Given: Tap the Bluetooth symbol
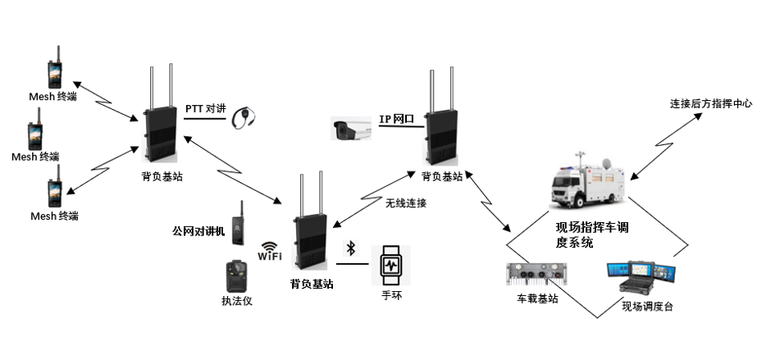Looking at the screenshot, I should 350,248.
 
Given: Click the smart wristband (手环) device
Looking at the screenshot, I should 390,264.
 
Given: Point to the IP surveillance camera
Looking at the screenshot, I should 353,129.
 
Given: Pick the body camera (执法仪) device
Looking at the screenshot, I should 236,276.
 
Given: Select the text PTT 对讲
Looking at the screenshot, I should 205,108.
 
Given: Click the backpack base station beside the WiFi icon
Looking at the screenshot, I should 310,230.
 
